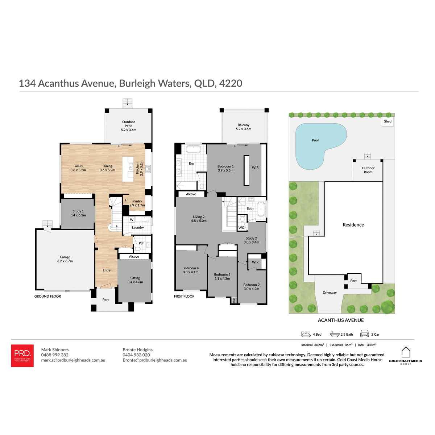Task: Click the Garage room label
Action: point(65,259)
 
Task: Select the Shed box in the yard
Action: point(388,121)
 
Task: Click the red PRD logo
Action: point(22,355)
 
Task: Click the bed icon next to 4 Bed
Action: point(306,334)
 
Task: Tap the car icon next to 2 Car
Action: point(364,334)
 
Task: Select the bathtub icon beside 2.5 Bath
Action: point(334,334)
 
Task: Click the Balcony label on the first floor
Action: point(243,127)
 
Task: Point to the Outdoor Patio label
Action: point(128,126)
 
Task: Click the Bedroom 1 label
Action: point(225,168)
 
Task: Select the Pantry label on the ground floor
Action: point(137,203)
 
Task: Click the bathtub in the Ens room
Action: point(193,149)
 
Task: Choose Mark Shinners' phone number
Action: point(55,355)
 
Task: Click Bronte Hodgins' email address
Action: point(155,360)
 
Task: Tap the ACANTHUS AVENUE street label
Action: point(340,320)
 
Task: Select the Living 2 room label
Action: point(199,219)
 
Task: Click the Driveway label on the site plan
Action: point(330,293)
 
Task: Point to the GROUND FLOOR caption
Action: point(47,296)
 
